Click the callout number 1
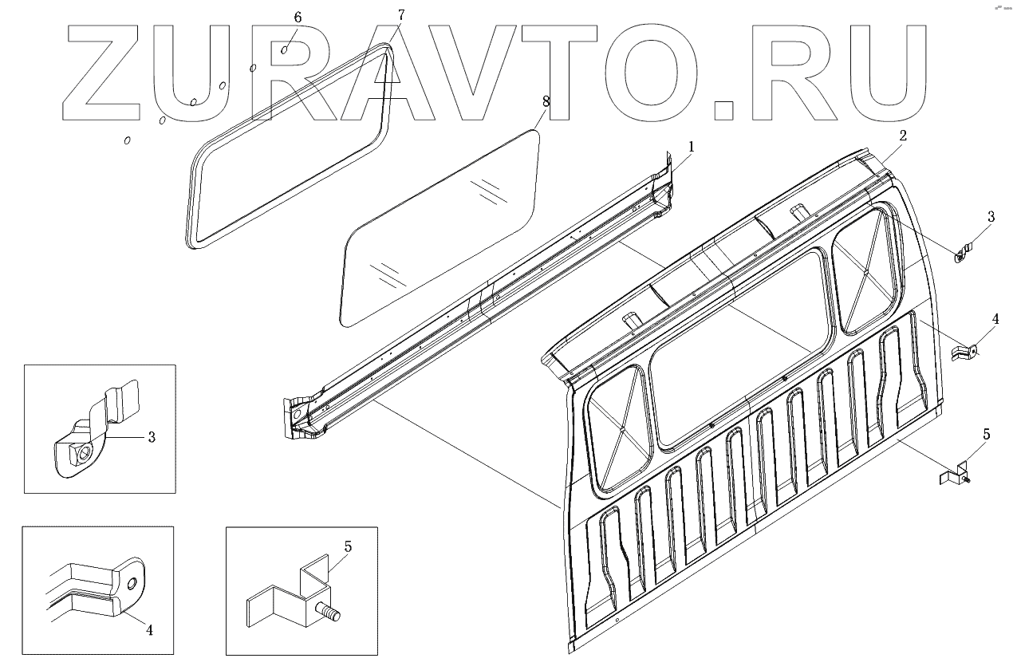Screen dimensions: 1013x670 (x=692, y=147)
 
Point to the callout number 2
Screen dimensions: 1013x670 (x=902, y=135)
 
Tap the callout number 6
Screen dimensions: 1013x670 (x=298, y=18)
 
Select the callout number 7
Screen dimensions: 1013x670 (x=400, y=15)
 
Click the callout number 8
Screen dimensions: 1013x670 (x=546, y=101)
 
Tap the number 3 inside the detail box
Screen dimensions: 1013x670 (x=152, y=437)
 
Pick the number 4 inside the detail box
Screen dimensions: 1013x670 (x=149, y=629)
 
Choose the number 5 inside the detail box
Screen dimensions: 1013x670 (x=348, y=547)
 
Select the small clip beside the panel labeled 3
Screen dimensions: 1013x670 (x=963, y=252)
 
